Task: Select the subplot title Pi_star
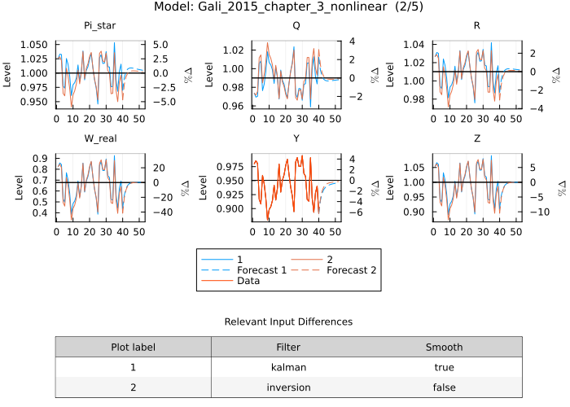[99, 26]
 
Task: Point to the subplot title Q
[296, 26]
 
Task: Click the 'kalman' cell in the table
[288, 367]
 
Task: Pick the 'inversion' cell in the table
[288, 387]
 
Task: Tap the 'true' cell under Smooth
[444, 367]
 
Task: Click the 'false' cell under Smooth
[444, 387]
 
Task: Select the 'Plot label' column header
[133, 347]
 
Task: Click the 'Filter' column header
[288, 347]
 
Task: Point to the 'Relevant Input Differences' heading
[288, 322]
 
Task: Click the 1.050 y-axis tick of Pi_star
[34, 44]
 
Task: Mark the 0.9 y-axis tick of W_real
[41, 159]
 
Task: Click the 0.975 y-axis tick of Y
[230, 166]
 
